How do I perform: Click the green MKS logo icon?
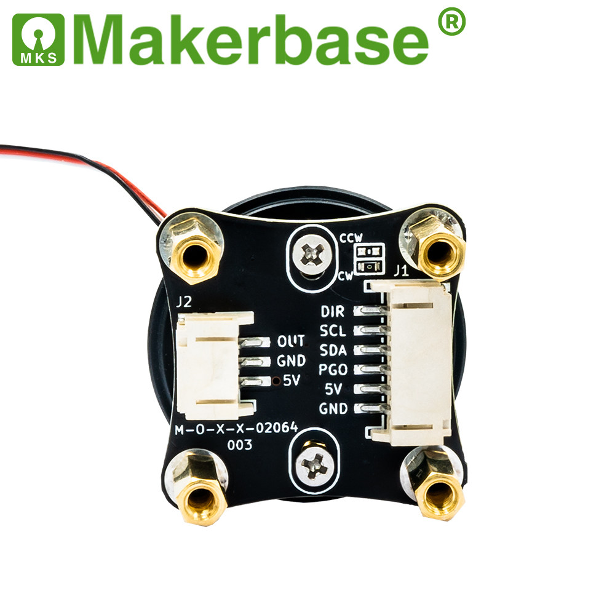point(38,39)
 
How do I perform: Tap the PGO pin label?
point(333,370)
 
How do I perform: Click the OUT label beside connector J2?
point(291,341)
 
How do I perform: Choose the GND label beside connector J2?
point(291,361)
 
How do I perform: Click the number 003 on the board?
point(240,445)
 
